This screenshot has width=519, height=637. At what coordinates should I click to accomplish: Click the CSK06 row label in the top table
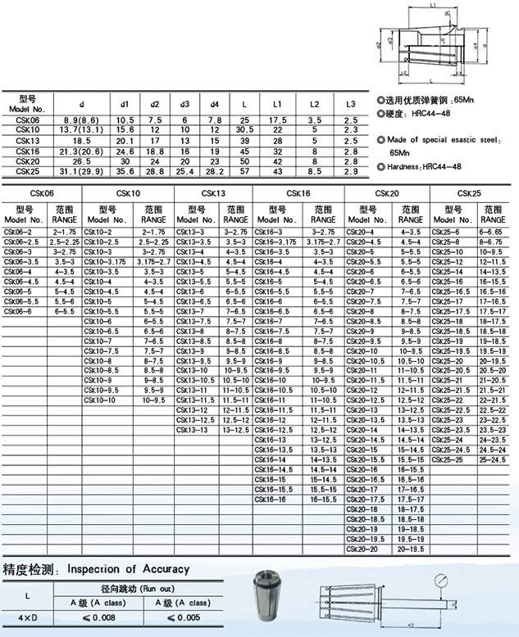[27, 120]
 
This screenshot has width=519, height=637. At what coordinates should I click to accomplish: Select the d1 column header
[125, 104]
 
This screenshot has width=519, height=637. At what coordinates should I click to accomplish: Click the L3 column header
[350, 104]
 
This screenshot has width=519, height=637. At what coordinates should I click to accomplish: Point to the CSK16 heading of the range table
[298, 193]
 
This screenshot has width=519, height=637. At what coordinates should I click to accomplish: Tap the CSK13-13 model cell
[195, 429]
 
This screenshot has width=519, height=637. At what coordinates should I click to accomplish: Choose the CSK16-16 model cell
[273, 499]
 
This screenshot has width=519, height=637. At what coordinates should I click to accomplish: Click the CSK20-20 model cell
[366, 548]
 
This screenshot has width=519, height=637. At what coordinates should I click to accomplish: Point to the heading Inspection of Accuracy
[127, 568]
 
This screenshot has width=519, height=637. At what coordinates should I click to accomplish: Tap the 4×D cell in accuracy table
[28, 617]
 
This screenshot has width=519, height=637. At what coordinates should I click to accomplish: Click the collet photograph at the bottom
[280, 601]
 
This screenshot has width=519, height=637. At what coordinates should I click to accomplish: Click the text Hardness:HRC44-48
[434, 166]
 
